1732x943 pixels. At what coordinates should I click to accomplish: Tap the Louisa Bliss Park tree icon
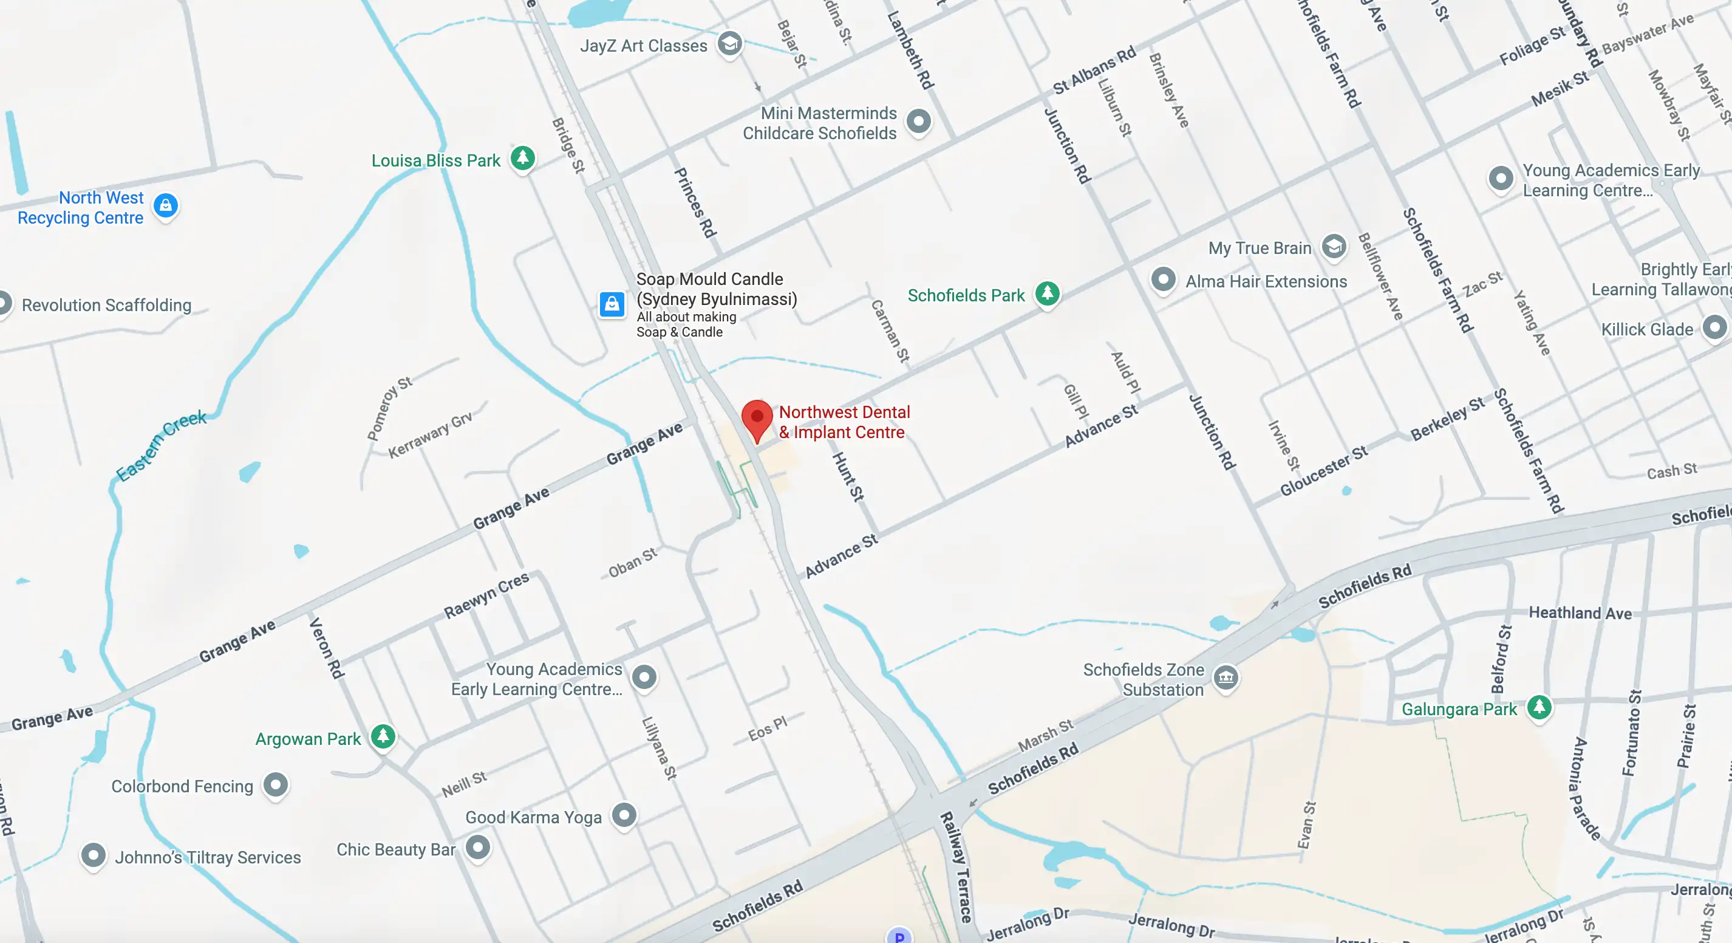coord(522,159)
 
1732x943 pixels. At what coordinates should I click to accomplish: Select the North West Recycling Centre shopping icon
coord(165,205)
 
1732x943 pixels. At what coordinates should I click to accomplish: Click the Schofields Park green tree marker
coord(1047,293)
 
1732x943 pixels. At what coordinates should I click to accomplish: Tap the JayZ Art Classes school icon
coord(729,44)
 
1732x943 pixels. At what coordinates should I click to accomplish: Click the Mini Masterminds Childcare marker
coord(918,122)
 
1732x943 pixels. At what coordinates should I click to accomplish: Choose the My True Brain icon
coord(1334,247)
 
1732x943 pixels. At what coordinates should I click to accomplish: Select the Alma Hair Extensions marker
coord(1163,279)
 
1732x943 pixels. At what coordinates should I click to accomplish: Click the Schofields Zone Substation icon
coord(1226,677)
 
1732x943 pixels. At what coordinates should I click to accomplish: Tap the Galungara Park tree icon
coord(1539,707)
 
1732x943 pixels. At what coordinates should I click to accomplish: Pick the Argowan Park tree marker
coord(383,736)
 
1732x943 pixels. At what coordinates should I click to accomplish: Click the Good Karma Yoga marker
coord(624,815)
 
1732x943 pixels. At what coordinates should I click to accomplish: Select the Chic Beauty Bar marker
coord(478,848)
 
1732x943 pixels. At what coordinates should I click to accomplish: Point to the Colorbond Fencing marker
coord(276,784)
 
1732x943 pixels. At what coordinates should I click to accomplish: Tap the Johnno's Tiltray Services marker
coord(94,855)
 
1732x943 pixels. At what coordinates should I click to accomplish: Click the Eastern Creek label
coord(161,445)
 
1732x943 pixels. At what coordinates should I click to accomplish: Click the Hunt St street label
coord(847,476)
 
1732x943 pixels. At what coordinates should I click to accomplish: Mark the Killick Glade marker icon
coord(1714,328)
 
